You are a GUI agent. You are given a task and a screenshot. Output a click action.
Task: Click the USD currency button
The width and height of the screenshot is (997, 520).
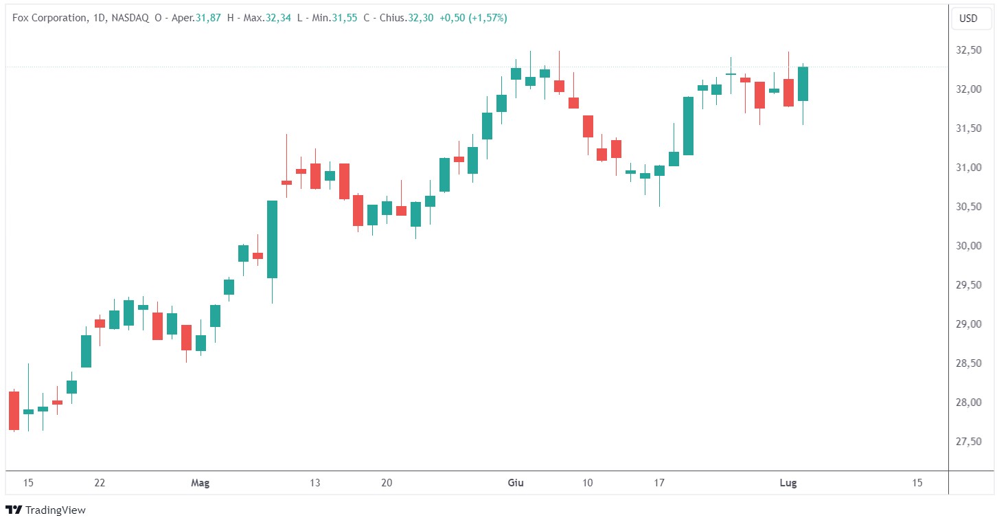click(968, 19)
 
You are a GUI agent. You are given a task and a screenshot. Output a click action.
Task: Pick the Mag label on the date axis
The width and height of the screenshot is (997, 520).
click(200, 483)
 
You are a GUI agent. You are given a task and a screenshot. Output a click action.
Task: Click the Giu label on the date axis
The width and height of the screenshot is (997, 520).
click(515, 483)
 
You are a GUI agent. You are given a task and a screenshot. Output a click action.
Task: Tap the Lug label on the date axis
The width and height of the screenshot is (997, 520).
click(788, 483)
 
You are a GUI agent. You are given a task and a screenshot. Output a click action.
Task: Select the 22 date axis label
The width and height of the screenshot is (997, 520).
click(100, 483)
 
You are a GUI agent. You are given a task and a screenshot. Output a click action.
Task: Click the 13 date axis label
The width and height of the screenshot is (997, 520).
click(315, 483)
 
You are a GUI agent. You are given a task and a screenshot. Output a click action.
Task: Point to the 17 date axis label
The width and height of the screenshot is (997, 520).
click(659, 483)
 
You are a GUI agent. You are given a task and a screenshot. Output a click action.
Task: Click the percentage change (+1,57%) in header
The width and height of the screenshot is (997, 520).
click(488, 19)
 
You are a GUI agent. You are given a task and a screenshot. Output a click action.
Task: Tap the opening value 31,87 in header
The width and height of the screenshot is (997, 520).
click(208, 19)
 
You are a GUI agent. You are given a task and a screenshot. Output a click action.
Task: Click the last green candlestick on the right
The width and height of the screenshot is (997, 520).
click(803, 84)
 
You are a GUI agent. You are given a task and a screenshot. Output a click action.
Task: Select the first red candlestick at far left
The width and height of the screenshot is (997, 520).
click(14, 411)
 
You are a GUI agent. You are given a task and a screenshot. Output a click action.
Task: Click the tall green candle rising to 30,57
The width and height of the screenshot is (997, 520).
click(272, 239)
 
